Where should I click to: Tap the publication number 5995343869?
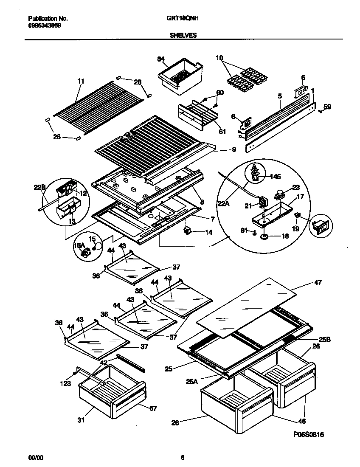[x=45, y=25]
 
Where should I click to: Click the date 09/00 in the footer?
[x=35, y=458]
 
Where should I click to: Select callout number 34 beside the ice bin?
[x=149, y=59]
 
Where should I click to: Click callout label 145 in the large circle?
[x=276, y=176]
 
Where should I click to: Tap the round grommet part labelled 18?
[x=264, y=236]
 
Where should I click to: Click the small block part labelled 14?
[x=187, y=231]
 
